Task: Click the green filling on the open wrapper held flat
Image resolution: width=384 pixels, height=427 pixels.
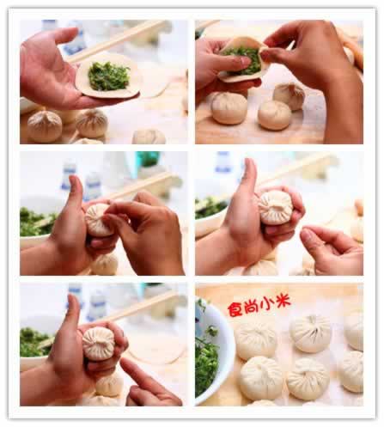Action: [108, 76]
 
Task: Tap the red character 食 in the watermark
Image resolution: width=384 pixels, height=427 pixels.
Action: [235, 308]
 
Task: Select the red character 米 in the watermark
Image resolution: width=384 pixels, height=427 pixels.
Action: [282, 302]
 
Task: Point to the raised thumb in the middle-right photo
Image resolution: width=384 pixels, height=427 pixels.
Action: [249, 176]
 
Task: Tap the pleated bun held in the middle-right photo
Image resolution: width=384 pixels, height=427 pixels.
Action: [276, 207]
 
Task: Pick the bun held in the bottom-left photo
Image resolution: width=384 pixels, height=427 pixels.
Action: [99, 343]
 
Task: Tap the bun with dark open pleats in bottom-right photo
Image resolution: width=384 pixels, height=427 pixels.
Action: [311, 333]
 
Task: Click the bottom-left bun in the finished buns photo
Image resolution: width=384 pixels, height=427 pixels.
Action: [261, 378]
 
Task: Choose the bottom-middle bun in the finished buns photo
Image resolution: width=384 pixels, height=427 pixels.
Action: [308, 379]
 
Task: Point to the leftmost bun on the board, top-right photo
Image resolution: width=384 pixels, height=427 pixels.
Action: [229, 108]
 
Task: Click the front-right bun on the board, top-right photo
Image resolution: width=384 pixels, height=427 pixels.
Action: [275, 115]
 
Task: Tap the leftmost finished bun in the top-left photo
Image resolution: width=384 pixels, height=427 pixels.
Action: [45, 126]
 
